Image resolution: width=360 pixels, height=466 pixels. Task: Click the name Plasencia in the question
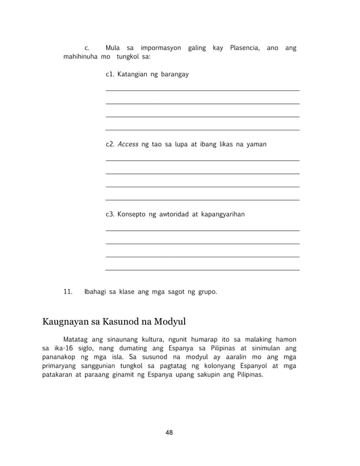click(244, 47)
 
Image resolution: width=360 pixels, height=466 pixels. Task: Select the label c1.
click(110, 74)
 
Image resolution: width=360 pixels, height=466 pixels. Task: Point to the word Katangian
click(134, 74)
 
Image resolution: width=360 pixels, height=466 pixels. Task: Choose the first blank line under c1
click(202, 90)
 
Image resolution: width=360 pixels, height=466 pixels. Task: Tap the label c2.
click(110, 144)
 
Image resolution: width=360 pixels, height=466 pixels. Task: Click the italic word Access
click(128, 144)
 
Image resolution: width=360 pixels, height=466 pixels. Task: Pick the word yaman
click(256, 144)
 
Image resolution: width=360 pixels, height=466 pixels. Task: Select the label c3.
click(110, 214)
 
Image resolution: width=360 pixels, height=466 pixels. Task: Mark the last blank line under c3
click(202, 270)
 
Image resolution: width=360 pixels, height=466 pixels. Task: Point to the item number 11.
click(69, 292)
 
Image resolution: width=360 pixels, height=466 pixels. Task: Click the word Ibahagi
click(96, 292)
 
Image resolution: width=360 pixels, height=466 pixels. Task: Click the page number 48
click(169, 433)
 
